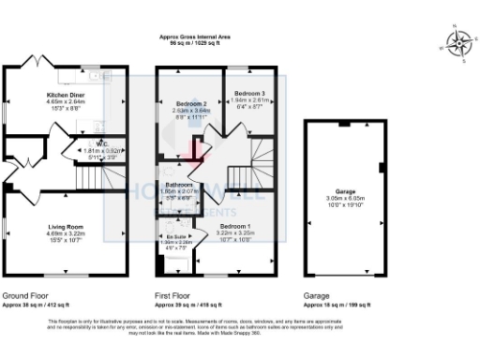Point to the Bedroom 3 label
(x=249, y=94)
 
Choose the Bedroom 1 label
(x=235, y=226)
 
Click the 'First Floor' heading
(x=172, y=294)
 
